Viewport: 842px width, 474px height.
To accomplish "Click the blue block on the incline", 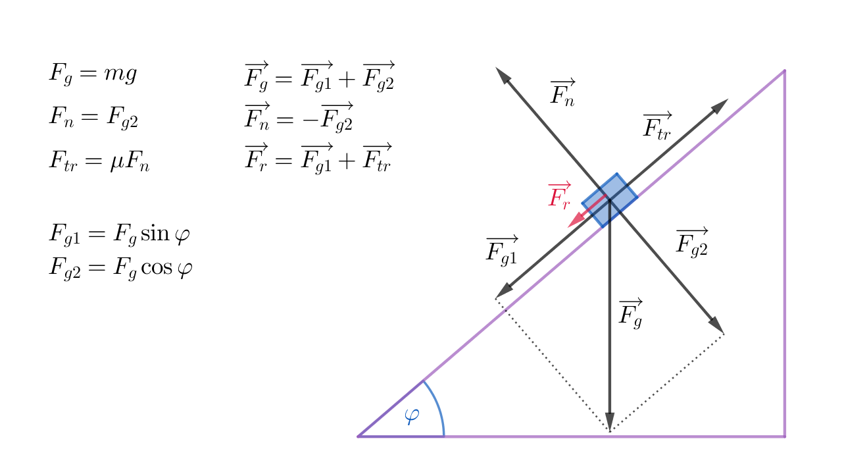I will [x=610, y=200].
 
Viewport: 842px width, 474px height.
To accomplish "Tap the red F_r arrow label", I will [x=559, y=196].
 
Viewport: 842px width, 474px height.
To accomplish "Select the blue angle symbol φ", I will [x=412, y=416].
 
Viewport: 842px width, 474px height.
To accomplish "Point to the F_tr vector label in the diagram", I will [x=657, y=126].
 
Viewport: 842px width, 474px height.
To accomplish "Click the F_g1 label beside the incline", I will [x=501, y=250].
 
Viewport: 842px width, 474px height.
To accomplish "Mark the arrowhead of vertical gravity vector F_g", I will [x=610, y=423].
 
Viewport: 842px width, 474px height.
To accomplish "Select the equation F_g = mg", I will [x=93, y=73].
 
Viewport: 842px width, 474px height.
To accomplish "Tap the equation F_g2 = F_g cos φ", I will [x=120, y=268].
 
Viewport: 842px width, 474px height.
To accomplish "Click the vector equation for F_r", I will [x=318, y=157].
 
